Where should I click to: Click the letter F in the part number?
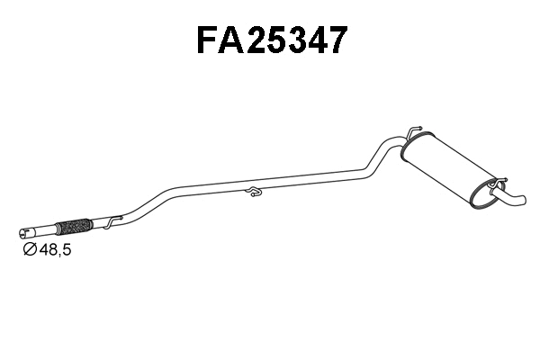tap(209, 40)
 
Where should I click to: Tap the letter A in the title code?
tap(235, 40)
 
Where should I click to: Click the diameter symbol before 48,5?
tap(29, 249)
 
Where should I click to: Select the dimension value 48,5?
tap(53, 249)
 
